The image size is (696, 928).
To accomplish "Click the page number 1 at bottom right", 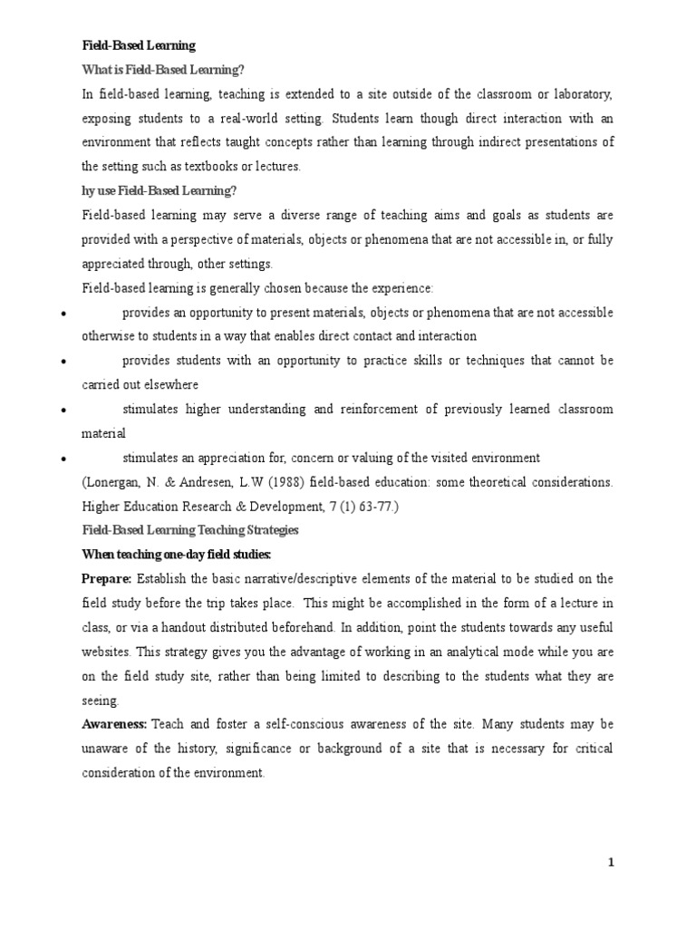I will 612,863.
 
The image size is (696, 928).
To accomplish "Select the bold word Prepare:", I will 107,578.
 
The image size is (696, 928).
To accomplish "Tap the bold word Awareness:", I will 115,724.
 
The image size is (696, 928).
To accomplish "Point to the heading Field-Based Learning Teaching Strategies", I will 190,529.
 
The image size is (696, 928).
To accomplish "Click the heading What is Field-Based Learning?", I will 163,70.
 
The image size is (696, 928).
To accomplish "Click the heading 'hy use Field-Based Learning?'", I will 159,190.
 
